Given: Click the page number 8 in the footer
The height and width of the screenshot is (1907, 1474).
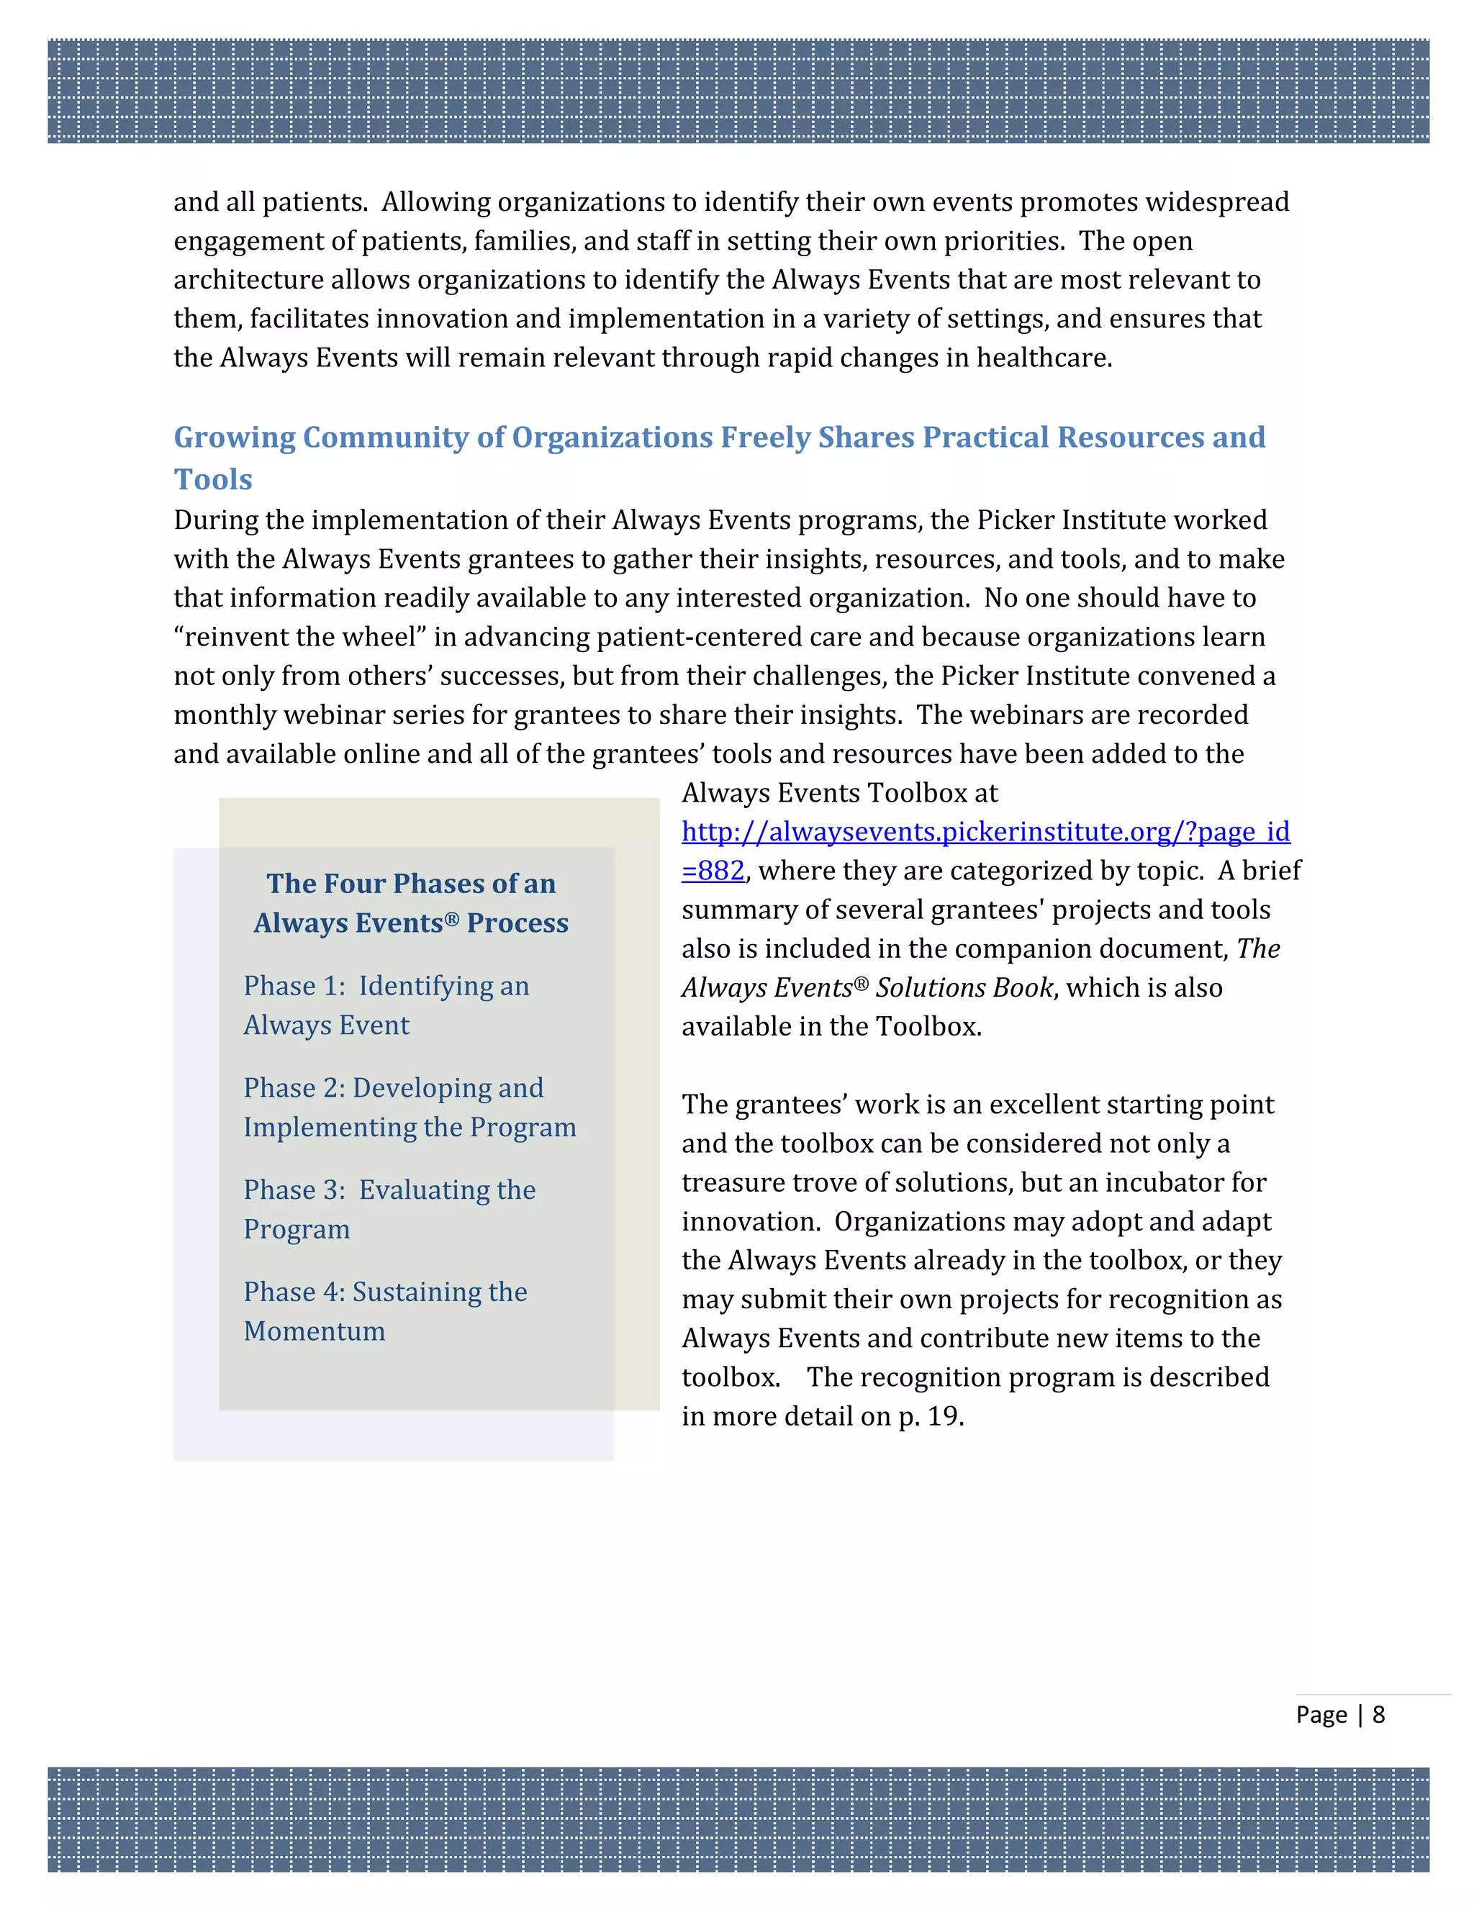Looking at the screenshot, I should click(x=1379, y=1714).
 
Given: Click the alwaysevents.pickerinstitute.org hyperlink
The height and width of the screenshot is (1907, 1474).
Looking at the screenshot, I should click(x=985, y=831).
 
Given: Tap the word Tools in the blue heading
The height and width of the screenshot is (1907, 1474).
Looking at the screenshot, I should click(x=213, y=479).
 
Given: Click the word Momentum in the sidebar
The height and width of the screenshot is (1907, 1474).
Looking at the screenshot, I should click(x=315, y=1331).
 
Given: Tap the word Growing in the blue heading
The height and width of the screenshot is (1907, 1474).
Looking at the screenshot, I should click(x=234, y=438).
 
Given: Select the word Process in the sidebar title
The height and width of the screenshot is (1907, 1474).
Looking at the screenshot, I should click(x=517, y=923).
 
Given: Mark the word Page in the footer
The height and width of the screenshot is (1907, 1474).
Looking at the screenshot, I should click(x=1321, y=1714).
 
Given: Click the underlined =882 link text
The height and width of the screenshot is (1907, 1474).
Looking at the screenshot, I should click(x=713, y=871).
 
